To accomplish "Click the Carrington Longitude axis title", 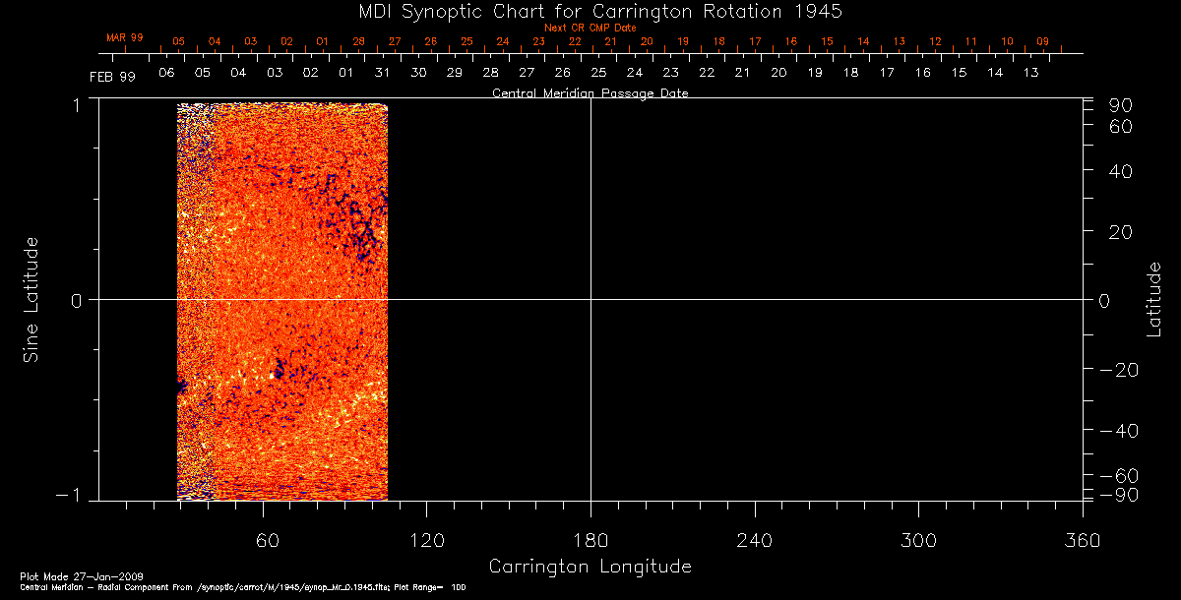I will tap(590, 567).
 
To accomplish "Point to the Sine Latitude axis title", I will tap(31, 299).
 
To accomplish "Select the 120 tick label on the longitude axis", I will tap(426, 540).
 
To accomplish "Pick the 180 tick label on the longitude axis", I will tap(590, 540).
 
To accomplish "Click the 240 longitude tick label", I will tap(754, 540).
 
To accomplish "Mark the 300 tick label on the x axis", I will tap(917, 540).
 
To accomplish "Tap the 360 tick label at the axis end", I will tap(1082, 540).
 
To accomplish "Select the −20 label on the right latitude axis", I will tap(1116, 369).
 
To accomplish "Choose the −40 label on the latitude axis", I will tap(1116, 431).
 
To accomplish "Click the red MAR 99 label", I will tap(125, 37).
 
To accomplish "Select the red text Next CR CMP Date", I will tap(590, 28).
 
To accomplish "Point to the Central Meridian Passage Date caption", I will tap(590, 93).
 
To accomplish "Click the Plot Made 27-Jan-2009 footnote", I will tap(63, 575).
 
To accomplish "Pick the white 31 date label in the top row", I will tap(382, 73).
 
